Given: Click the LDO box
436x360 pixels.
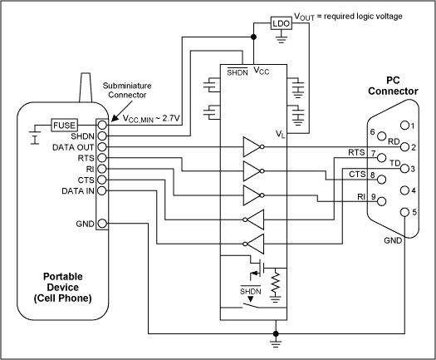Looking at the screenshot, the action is click(282, 23).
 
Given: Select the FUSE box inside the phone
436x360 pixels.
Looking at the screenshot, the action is click(64, 125).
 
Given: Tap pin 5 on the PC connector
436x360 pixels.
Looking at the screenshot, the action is click(405, 212).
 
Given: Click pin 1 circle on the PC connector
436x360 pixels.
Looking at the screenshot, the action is click(405, 126).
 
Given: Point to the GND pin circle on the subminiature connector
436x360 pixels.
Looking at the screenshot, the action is click(102, 224).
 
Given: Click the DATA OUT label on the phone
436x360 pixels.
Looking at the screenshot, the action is click(73, 147).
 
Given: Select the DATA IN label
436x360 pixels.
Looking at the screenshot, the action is click(78, 191).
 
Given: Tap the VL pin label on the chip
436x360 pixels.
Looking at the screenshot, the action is click(281, 134).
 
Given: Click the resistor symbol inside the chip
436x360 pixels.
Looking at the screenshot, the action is click(275, 283).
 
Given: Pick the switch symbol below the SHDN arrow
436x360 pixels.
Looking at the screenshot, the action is click(250, 305).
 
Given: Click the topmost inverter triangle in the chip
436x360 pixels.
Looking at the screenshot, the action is click(252, 146).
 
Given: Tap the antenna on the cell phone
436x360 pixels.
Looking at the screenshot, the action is click(86, 87).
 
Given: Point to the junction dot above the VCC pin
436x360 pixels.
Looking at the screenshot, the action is click(253, 37).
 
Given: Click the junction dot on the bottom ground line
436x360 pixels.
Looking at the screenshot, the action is click(276, 333).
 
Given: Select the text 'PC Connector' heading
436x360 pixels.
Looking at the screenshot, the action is click(393, 86).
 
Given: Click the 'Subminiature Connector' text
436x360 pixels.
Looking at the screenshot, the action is click(127, 90).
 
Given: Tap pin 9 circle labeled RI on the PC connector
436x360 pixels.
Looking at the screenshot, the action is click(381, 201).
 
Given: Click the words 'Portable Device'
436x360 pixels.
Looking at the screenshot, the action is click(63, 282).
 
